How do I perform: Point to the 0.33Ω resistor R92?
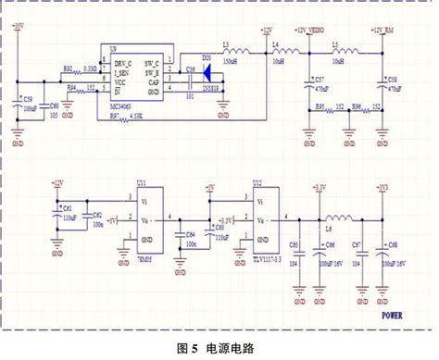78,69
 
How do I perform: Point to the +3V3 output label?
382,188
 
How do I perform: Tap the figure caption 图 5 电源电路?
219,348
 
